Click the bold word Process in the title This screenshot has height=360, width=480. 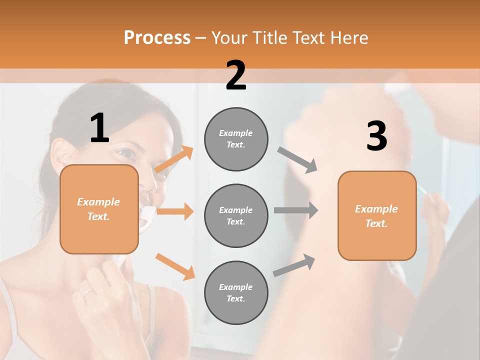(x=157, y=37)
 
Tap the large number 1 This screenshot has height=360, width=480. (x=99, y=128)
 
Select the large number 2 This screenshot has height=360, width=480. (x=236, y=75)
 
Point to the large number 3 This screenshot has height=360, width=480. (x=376, y=136)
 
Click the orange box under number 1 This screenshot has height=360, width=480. (x=99, y=209)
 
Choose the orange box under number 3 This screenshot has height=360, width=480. (x=377, y=215)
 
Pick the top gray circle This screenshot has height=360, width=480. (x=236, y=139)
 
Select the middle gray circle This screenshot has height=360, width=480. (x=236, y=215)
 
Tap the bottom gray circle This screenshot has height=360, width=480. (x=236, y=292)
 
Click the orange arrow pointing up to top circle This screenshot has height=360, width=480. (x=174, y=159)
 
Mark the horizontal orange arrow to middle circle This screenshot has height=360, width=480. (x=175, y=211)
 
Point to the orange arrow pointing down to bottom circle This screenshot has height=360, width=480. (x=175, y=266)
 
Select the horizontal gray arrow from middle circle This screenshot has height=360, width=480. (x=296, y=210)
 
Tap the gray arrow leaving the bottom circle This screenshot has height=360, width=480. (x=294, y=265)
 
